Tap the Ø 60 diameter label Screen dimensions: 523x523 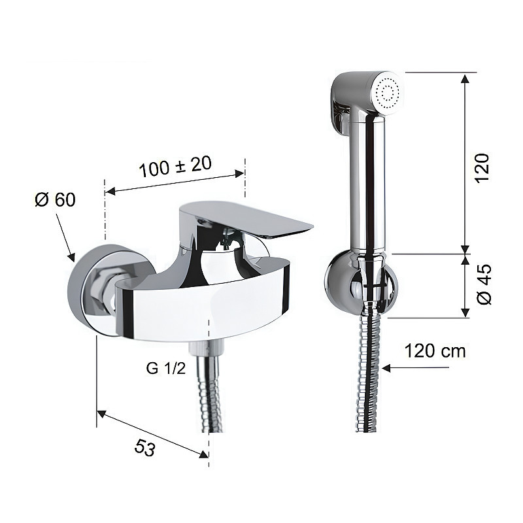click(x=56, y=199)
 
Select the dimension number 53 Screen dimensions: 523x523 click(x=144, y=447)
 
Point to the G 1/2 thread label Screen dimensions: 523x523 click(x=166, y=368)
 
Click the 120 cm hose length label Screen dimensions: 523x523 click(x=435, y=351)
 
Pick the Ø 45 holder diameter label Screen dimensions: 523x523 click(x=484, y=284)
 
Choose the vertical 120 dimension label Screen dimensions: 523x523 click(x=482, y=168)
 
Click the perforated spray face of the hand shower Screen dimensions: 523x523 click(x=387, y=91)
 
